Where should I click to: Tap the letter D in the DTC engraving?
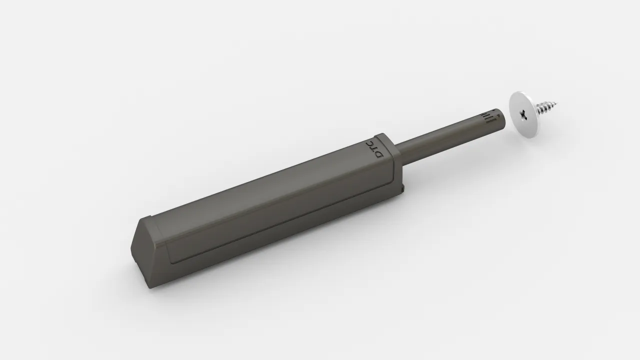pyautogui.click(x=379, y=154)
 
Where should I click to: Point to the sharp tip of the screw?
pyautogui.click(x=557, y=102)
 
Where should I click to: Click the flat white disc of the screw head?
pyautogui.click(x=523, y=115)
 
